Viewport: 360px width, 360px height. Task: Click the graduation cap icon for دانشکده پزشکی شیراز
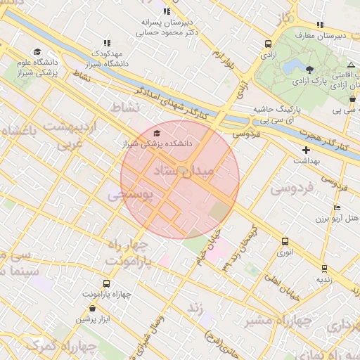coord(156,134)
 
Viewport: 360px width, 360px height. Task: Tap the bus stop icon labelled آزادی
coord(267,44)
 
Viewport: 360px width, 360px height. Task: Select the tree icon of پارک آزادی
coord(311,68)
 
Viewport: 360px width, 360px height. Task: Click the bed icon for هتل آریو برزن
coord(337,208)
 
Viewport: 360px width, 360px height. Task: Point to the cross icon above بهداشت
coord(306,150)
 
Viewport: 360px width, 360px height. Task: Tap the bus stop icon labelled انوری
coord(285,241)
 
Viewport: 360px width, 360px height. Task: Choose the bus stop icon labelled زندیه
coord(324,268)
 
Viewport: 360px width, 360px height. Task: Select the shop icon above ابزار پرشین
coord(92,309)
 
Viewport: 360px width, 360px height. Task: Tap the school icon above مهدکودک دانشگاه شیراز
coord(107,44)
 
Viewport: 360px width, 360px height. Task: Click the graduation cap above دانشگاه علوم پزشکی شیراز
coord(37,52)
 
